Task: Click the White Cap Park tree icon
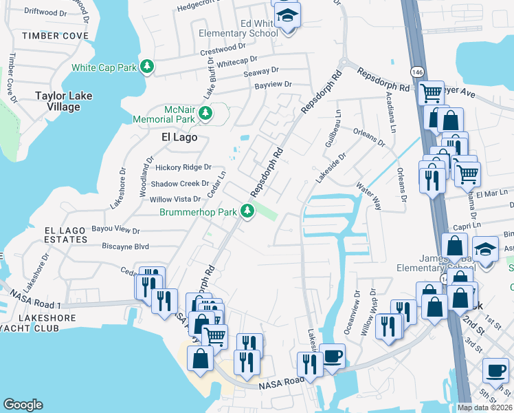pyautogui.click(x=146, y=67)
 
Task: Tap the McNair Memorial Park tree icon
pyautogui.click(x=204, y=112)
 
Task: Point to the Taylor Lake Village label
pyautogui.click(x=63, y=101)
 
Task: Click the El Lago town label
pyautogui.click(x=179, y=137)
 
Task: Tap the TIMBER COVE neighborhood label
pyautogui.click(x=55, y=35)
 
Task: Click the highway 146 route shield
pyautogui.click(x=418, y=71)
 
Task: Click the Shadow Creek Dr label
pyautogui.click(x=179, y=184)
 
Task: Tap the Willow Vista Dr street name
pyautogui.click(x=175, y=200)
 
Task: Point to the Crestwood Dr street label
pyautogui.click(x=222, y=50)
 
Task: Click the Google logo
pyautogui.click(x=23, y=405)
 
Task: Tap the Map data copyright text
pyautogui.click(x=485, y=407)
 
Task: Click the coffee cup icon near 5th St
pyautogui.click(x=495, y=370)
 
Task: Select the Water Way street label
pyautogui.click(x=368, y=195)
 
